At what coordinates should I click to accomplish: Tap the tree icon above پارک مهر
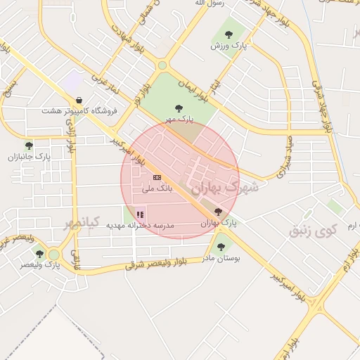pos(177,108)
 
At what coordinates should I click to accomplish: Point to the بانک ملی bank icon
pos(157,178)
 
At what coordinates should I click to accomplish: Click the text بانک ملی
pos(157,189)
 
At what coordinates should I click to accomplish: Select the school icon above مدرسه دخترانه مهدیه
pos(140,214)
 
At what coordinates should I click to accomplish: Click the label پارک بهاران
pos(219,223)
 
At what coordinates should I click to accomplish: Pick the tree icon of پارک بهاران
pos(218,211)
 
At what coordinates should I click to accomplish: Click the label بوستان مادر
pos(221,259)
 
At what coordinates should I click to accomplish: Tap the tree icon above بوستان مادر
pos(221,247)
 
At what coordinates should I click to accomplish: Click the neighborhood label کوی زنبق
pos(314,229)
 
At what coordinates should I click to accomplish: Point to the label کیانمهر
pos(82,223)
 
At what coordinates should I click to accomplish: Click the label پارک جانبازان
pos(27,157)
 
